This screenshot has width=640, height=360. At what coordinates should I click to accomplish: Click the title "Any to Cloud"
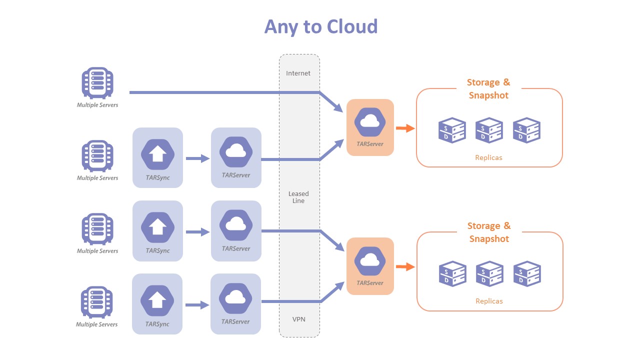(x=320, y=26)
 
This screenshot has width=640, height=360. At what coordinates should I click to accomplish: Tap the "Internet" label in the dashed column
(x=298, y=73)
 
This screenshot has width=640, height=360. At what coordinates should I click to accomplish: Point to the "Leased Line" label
(x=298, y=197)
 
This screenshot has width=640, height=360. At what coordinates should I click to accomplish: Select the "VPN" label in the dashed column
(x=298, y=319)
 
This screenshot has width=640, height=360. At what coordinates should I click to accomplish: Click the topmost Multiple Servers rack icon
(x=97, y=82)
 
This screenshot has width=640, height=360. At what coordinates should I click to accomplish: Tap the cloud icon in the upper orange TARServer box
(x=370, y=121)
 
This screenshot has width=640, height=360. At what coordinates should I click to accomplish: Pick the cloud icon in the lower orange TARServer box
(x=370, y=260)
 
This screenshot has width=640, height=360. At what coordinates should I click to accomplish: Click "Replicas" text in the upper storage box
(x=488, y=157)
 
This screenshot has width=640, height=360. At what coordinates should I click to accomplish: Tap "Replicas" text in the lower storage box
(x=489, y=301)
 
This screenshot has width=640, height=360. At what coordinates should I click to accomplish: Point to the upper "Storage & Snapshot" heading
(x=488, y=89)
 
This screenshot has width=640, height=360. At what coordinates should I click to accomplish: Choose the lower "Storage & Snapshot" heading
(x=489, y=232)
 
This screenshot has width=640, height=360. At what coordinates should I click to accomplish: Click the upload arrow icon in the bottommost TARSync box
(x=157, y=300)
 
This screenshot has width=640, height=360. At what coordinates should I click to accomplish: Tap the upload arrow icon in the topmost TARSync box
(x=157, y=154)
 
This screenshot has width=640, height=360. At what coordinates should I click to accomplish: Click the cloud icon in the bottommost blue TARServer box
(x=235, y=298)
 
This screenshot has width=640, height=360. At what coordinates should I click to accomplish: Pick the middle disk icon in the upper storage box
(x=489, y=130)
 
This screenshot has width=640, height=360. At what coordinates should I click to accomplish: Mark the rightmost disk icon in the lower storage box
(x=527, y=273)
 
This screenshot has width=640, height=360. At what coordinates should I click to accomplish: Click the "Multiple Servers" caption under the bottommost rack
(x=97, y=324)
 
